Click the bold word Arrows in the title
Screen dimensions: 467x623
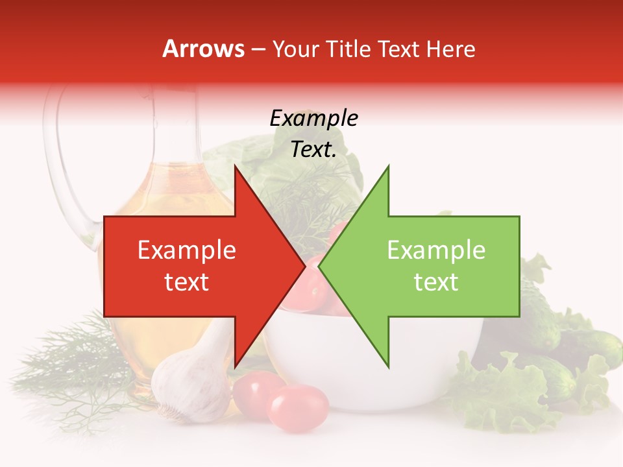pos(204,49)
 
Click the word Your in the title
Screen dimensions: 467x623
pos(295,49)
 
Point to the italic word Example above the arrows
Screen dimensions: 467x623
pos(313,119)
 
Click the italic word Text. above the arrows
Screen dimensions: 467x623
pos(313,149)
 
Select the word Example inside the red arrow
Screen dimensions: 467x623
pos(187,250)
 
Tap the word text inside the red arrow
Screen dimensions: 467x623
pos(187,281)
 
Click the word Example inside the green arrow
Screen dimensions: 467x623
pos(436,250)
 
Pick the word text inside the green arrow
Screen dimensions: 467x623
pos(436,281)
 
